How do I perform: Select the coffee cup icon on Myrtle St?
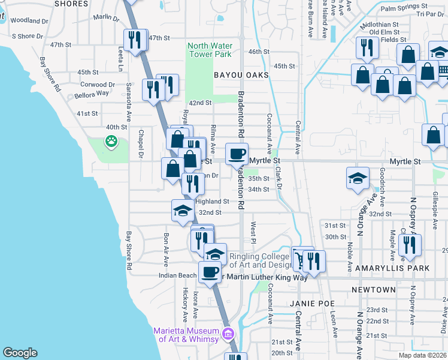pos(237,154)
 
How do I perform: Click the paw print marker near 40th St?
pos(111,142)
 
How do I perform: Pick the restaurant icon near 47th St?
pos(135,40)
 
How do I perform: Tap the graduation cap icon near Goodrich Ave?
pos(358,178)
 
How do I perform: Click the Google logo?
pos(20,353)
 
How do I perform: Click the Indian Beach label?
pos(177,275)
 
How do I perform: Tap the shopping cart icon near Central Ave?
pos(299,259)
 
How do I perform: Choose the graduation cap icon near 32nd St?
pos(183,210)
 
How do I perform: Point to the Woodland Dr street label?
pos(29,20)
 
